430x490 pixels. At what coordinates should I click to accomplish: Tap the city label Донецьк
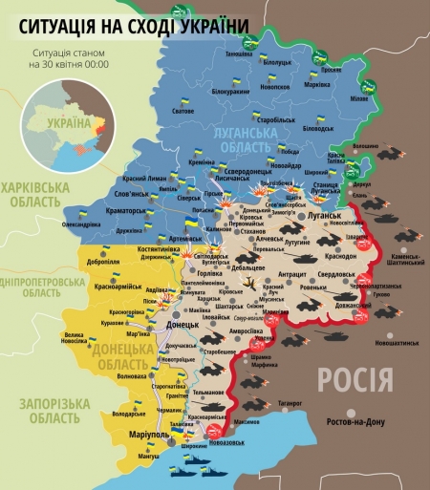pyautogui.click(x=183, y=325)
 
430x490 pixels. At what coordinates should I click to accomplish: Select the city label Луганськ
pyautogui.click(x=325, y=216)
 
